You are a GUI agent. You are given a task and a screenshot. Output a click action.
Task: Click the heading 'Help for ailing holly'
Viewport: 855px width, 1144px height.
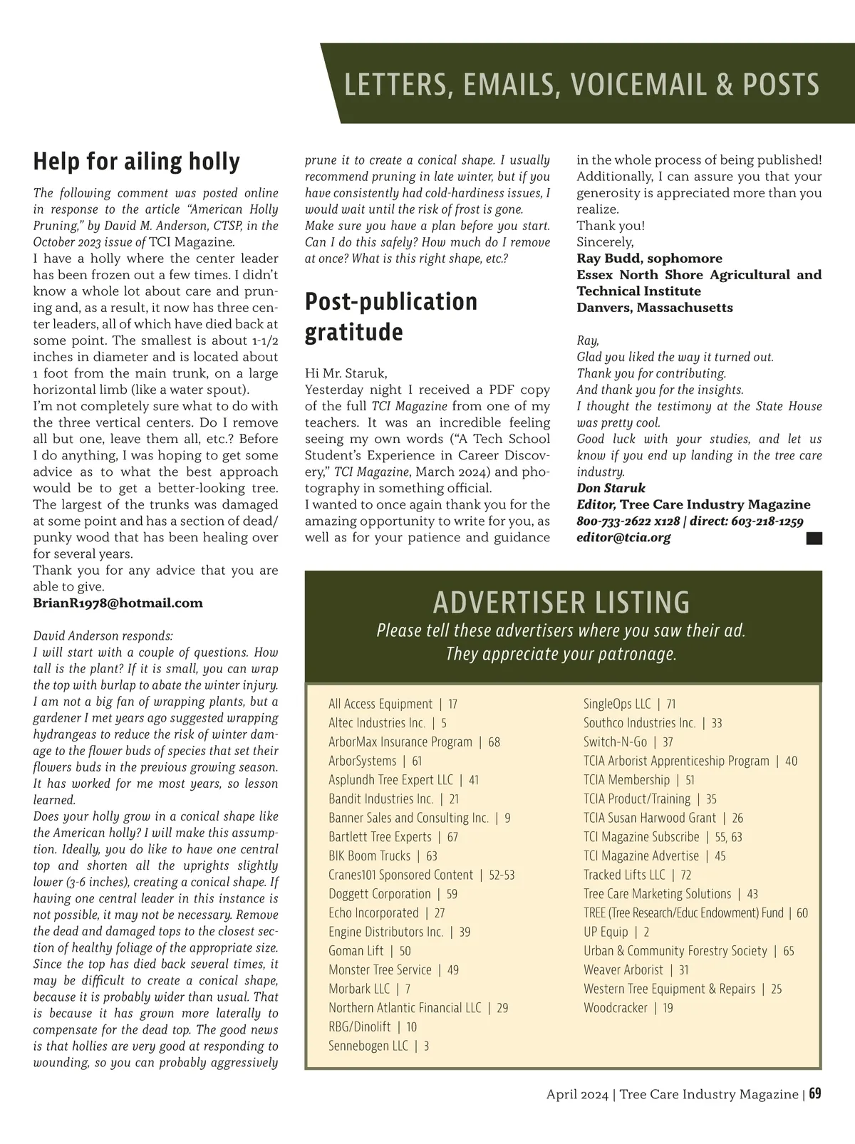pyautogui.click(x=136, y=162)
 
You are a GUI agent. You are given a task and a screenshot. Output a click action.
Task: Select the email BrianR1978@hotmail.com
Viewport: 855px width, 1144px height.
pyautogui.click(x=118, y=603)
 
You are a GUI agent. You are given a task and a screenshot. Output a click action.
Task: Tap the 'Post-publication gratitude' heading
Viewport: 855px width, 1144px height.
pyautogui.click(x=391, y=316)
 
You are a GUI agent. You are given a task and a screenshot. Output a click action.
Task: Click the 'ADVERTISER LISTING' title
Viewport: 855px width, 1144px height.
pyautogui.click(x=561, y=603)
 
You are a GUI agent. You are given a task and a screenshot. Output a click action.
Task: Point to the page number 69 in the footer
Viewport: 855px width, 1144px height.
pyautogui.click(x=815, y=1094)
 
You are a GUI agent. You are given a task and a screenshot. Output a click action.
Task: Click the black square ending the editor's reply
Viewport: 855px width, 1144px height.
pyautogui.click(x=814, y=539)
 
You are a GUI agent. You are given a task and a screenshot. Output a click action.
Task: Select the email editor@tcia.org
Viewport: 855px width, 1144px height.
pyautogui.click(x=623, y=538)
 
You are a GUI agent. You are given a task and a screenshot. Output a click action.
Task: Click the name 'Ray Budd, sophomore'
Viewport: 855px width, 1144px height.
pyautogui.click(x=649, y=259)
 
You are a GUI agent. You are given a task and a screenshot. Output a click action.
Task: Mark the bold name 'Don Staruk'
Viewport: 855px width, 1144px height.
pyautogui.click(x=611, y=488)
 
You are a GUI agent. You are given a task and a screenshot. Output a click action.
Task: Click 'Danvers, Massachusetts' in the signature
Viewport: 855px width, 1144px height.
pyautogui.click(x=654, y=308)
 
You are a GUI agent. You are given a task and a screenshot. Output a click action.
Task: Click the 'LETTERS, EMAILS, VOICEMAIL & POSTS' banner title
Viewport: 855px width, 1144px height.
pyautogui.click(x=581, y=84)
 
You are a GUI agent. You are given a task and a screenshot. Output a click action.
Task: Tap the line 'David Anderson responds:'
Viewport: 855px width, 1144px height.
pyautogui.click(x=103, y=636)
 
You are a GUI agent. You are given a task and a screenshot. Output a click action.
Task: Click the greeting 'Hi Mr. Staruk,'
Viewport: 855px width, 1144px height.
pyautogui.click(x=346, y=373)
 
